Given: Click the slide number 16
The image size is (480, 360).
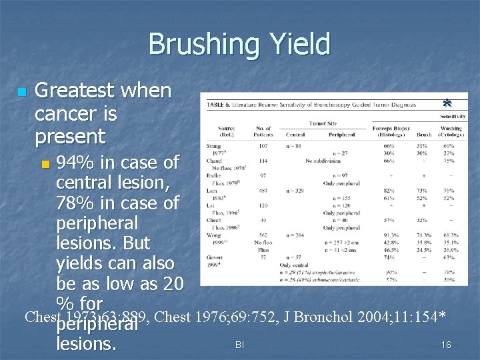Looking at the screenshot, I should [x=446, y=345].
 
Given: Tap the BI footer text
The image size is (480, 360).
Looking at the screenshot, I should [x=239, y=345].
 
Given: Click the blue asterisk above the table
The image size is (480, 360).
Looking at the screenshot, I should [x=447, y=103].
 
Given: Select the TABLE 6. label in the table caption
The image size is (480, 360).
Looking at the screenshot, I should [x=223, y=105].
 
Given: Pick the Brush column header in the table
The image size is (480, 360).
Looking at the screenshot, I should [x=424, y=134].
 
